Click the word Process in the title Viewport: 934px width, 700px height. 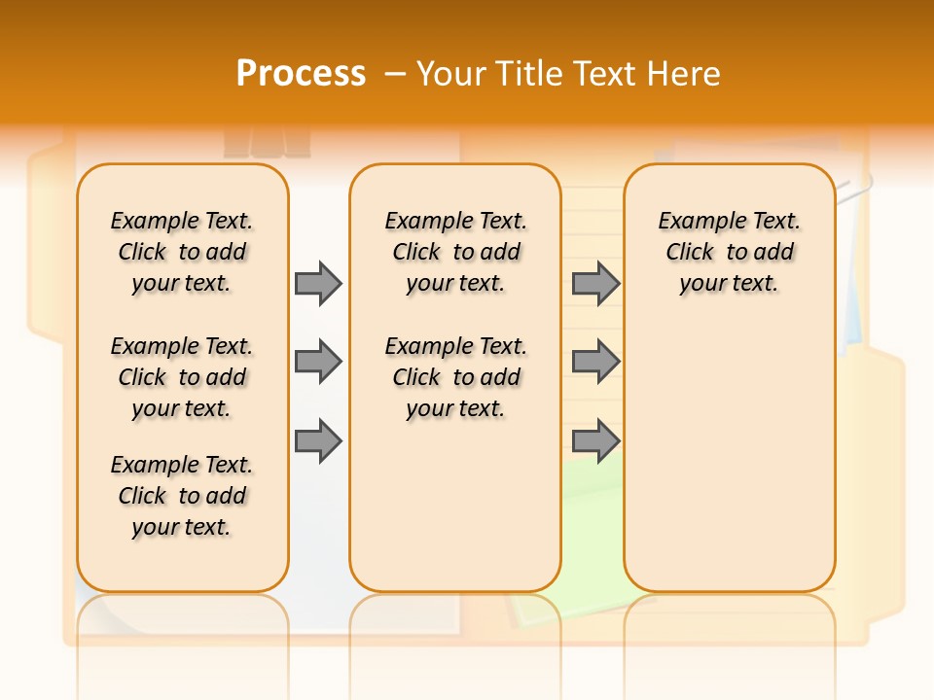[x=301, y=74]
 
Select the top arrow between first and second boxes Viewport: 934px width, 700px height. [x=318, y=283]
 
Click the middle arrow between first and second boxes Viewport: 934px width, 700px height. [x=318, y=363]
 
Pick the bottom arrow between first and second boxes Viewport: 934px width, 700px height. [x=318, y=441]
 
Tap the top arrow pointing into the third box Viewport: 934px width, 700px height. [x=595, y=283]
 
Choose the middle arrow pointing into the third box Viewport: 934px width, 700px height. [x=595, y=363]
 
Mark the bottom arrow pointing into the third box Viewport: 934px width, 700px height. [x=595, y=441]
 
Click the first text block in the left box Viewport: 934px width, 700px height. [x=182, y=252]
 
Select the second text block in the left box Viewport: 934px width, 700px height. [x=182, y=377]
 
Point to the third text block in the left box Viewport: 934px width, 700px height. [x=182, y=496]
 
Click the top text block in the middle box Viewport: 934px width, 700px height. [x=456, y=252]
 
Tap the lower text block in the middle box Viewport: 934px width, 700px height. [x=456, y=377]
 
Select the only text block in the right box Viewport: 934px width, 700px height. [x=730, y=252]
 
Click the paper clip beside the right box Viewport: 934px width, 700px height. [x=855, y=190]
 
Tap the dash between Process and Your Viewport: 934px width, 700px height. [x=395, y=75]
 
